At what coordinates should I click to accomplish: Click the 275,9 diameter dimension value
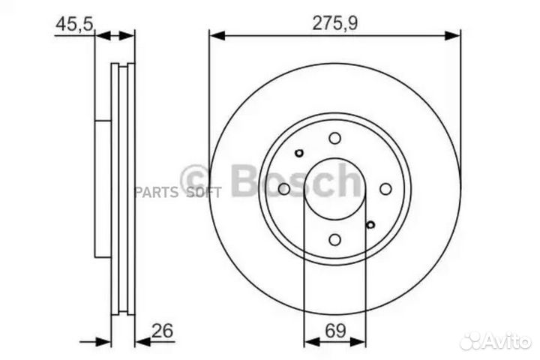[x=334, y=23]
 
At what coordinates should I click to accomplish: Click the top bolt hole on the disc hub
[x=334, y=138]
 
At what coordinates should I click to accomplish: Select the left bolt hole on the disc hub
[x=283, y=189]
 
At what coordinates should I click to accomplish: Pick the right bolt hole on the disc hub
[x=385, y=189]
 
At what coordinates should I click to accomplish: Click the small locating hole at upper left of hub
[x=298, y=153]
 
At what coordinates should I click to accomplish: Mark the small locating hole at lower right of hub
[x=370, y=224]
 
